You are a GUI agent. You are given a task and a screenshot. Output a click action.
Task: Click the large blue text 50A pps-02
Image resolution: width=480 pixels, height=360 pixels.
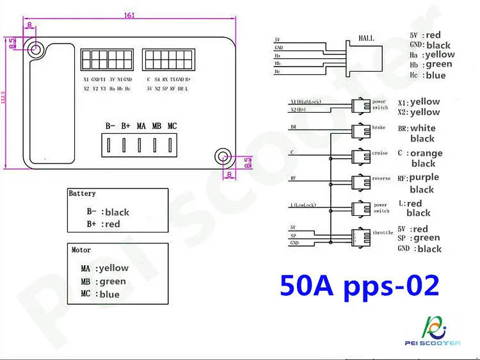(x=360, y=286)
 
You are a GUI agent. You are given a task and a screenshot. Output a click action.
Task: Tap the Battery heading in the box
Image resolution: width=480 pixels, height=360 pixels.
(x=82, y=193)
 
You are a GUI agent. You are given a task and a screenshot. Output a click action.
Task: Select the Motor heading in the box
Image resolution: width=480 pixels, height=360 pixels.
(x=81, y=250)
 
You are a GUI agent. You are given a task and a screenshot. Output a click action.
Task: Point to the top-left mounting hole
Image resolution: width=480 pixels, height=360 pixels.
(x=35, y=49)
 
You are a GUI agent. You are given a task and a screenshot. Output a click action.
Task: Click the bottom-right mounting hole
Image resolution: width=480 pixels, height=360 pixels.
(x=223, y=155)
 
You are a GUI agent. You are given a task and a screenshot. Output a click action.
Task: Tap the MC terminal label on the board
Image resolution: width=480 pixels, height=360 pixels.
(x=172, y=126)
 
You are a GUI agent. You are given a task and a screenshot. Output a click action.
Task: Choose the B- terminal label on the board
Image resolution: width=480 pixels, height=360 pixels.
(x=111, y=126)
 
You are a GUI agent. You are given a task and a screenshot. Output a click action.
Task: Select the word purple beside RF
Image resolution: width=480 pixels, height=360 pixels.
(x=424, y=177)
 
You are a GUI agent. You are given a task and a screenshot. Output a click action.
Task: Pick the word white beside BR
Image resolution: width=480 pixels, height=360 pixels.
(x=422, y=128)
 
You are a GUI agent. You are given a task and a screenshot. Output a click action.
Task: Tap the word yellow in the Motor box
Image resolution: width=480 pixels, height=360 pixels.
(x=112, y=268)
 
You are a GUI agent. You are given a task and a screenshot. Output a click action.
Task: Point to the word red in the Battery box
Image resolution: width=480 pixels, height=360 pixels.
(x=112, y=224)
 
